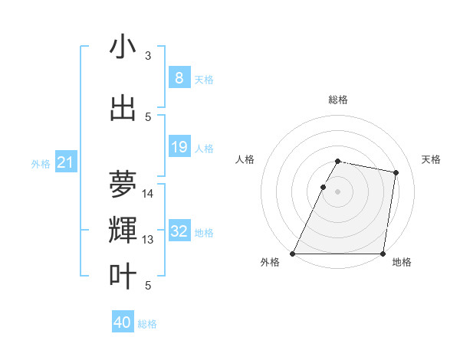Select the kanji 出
(123, 108)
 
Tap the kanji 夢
(123, 183)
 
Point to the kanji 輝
(123, 230)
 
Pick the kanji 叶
(123, 276)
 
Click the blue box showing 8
(179, 78)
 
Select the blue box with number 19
(179, 148)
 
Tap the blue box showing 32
(179, 231)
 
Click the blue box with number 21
(66, 162)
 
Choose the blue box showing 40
(123, 322)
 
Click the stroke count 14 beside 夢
(148, 194)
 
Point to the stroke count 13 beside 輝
(148, 240)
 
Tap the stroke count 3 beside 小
(148, 56)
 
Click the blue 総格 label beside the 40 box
(147, 324)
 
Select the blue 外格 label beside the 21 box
(41, 163)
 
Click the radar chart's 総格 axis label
(338, 100)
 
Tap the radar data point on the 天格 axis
(396, 173)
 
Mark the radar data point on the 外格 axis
(293, 253)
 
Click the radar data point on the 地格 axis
(383, 253)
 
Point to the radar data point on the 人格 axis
(324, 187)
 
